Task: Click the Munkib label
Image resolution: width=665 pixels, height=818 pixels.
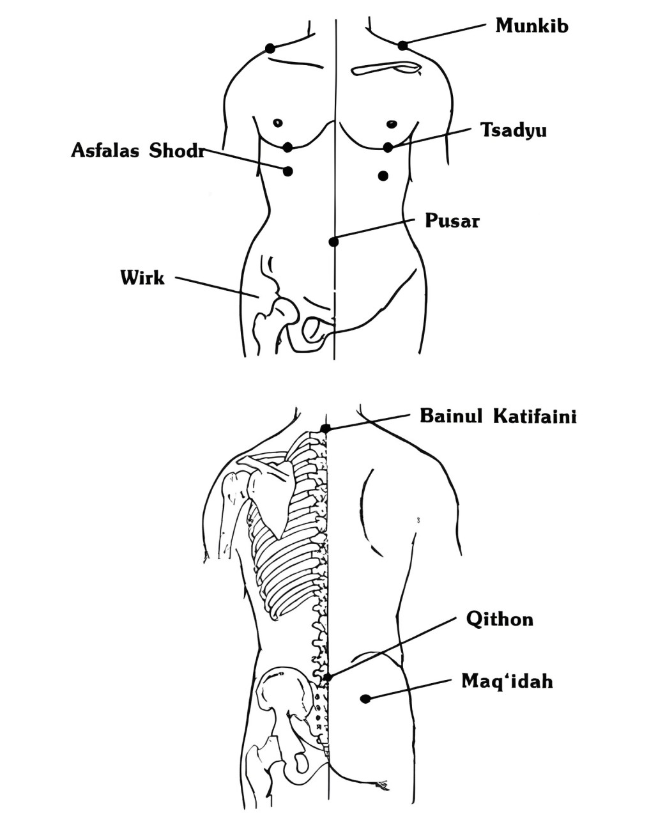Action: (531, 26)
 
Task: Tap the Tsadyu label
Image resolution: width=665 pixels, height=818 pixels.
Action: (514, 130)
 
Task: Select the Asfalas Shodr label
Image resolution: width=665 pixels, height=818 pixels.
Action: (137, 150)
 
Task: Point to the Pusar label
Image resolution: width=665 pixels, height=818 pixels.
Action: (452, 220)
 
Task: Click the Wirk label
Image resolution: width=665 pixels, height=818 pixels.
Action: (142, 277)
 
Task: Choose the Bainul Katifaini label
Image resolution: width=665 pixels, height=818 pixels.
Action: (498, 416)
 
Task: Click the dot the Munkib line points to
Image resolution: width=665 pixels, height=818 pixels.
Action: (402, 46)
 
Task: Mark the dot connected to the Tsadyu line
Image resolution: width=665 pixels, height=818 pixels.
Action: (388, 147)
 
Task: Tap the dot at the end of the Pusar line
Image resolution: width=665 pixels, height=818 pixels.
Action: (333, 242)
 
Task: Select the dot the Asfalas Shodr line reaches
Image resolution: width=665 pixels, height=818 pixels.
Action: (287, 171)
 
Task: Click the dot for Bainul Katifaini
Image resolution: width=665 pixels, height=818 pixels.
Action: (326, 429)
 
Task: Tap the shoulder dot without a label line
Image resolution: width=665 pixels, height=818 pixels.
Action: (270, 49)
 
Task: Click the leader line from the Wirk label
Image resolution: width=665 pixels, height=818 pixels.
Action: (217, 286)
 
